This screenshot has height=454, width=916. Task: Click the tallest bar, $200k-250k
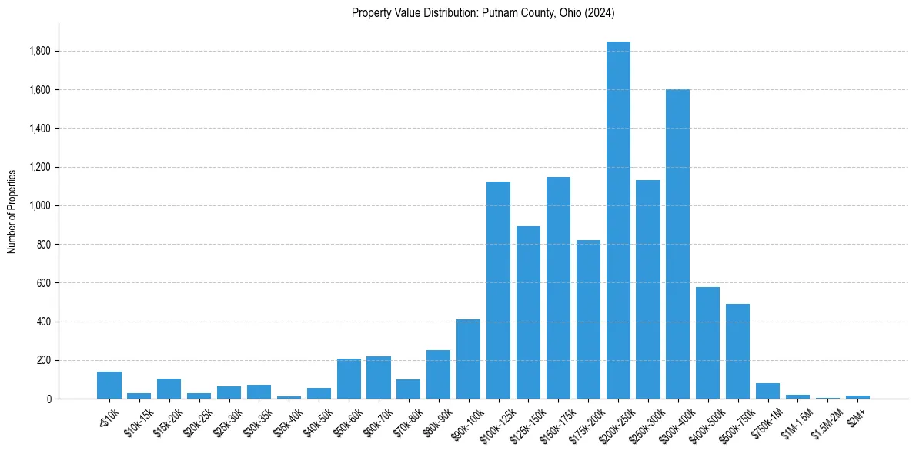pos(618,220)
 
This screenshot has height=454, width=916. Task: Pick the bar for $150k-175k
pos(558,288)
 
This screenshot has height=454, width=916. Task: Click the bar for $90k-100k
pos(468,359)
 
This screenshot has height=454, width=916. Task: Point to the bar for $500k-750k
pos(737,351)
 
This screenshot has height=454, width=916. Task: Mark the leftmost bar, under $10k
pos(109,386)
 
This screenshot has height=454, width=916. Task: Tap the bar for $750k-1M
pos(767,391)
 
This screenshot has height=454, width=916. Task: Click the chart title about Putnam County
pos(483,13)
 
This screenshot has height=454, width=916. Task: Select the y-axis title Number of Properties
pos(12,211)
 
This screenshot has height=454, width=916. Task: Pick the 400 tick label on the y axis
pos(44,322)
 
